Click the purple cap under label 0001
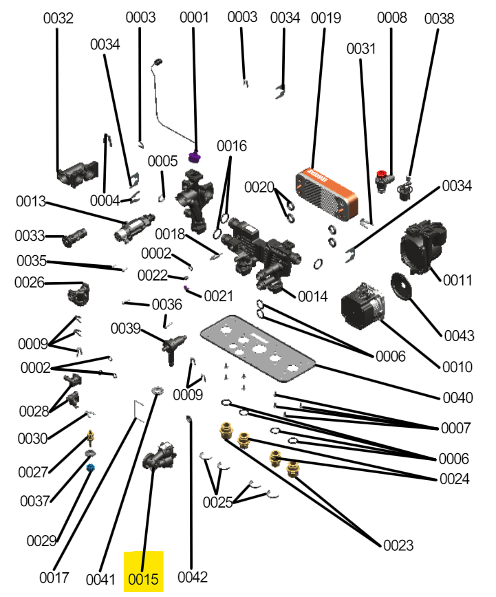click(x=195, y=158)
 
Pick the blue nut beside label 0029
click(x=90, y=468)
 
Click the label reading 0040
click(x=457, y=398)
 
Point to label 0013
click(x=31, y=202)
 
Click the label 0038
click(x=439, y=19)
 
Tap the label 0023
click(x=398, y=545)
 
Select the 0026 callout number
click(x=30, y=283)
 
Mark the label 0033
click(x=30, y=237)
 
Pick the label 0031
click(x=361, y=49)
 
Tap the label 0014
click(x=313, y=296)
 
